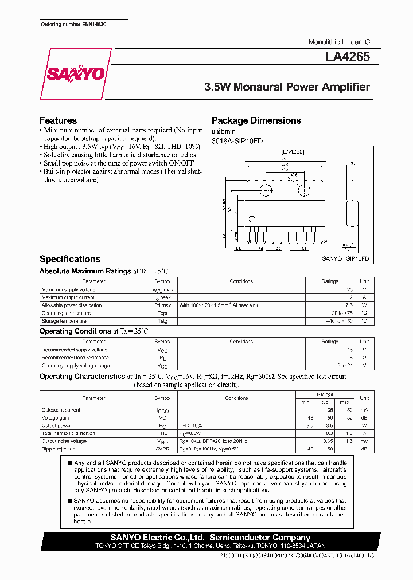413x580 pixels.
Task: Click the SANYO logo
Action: click(75, 73)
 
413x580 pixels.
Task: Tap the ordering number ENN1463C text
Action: click(75, 25)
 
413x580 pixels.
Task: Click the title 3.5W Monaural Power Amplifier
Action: click(287, 87)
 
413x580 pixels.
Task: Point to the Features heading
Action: click(58, 120)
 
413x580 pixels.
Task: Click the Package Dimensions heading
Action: click(256, 120)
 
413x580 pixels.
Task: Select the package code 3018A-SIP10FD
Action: click(237, 140)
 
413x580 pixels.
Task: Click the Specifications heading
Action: click(69, 259)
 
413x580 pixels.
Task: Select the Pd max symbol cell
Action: click(162, 305)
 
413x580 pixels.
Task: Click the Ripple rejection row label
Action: click(58, 449)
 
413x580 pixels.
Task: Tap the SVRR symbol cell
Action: click(162, 449)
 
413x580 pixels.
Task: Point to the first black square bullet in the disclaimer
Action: click(70, 463)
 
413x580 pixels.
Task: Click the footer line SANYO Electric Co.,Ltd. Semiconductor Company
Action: click(210, 538)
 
